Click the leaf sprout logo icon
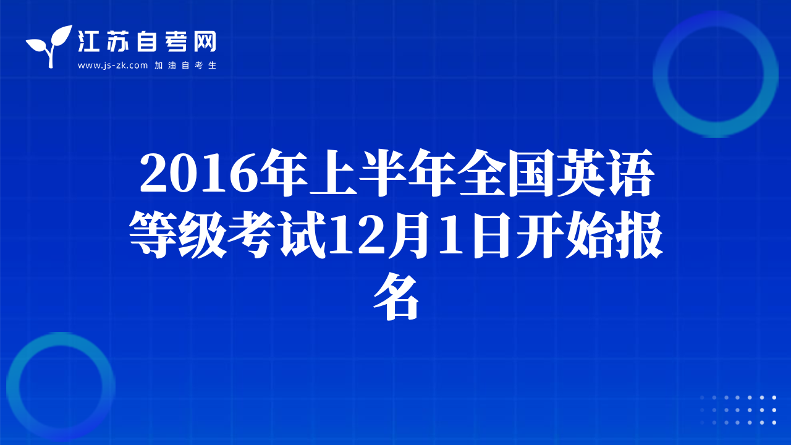[x=50, y=46]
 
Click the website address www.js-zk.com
[x=112, y=66]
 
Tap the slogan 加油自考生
[x=185, y=66]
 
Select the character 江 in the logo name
[x=88, y=41]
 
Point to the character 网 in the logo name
[x=205, y=41]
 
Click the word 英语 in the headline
[x=606, y=172]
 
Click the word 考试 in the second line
[x=276, y=234]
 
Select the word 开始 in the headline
[x=565, y=234]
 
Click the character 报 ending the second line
[x=639, y=234]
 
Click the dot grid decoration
[x=738, y=410]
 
